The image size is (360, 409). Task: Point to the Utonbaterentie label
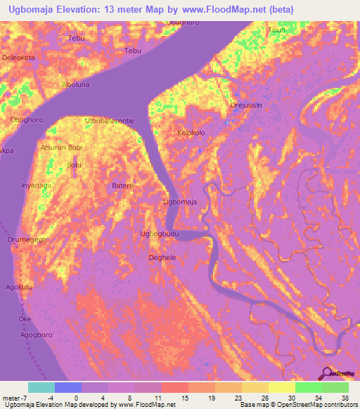pos(109,122)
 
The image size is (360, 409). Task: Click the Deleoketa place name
pos(18,57)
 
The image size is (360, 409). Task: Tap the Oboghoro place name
pos(25,119)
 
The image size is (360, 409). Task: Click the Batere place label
pos(123,186)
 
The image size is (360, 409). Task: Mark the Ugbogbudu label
pos(160,233)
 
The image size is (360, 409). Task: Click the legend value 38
pos(345,398)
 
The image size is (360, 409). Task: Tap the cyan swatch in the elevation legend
pos(41,387)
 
